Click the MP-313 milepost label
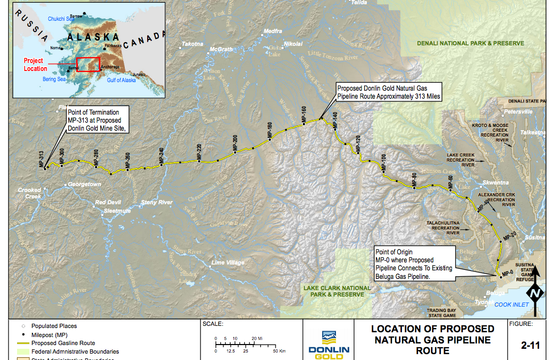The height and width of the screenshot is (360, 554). [42, 159]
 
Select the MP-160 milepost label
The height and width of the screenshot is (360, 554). [303, 115]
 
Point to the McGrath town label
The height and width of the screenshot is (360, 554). [221, 50]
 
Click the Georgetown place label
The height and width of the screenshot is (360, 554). [84, 185]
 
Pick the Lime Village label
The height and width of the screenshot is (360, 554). [228, 262]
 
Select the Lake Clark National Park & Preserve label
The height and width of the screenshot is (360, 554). [337, 291]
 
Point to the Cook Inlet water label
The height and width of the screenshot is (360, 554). [511, 305]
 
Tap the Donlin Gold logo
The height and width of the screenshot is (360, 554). [329, 344]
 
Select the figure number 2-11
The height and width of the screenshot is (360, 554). [531, 345]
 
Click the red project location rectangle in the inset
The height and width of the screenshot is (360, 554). [88, 64]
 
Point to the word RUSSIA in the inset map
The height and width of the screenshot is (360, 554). [31, 26]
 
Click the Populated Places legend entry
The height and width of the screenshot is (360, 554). [54, 326]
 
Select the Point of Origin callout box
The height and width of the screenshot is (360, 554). [414, 264]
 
